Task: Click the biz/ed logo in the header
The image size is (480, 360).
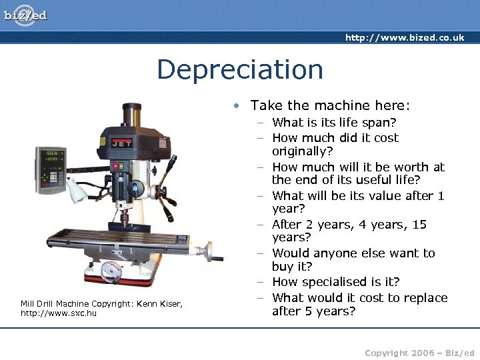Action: (x=25, y=15)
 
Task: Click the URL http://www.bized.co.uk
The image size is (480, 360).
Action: (x=405, y=37)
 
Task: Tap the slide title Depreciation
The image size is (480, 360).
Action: (x=240, y=69)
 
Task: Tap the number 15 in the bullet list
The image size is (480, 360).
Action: (x=419, y=225)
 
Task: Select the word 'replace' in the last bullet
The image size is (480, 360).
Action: (x=424, y=297)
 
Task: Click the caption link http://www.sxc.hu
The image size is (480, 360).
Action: (x=59, y=313)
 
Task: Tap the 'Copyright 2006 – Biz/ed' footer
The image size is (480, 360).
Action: (x=419, y=352)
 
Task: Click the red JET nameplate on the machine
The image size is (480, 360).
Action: (x=121, y=142)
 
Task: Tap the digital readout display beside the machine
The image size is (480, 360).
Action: (x=51, y=169)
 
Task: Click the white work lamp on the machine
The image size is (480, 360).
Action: (x=74, y=193)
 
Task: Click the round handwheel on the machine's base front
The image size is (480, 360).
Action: (x=111, y=271)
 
